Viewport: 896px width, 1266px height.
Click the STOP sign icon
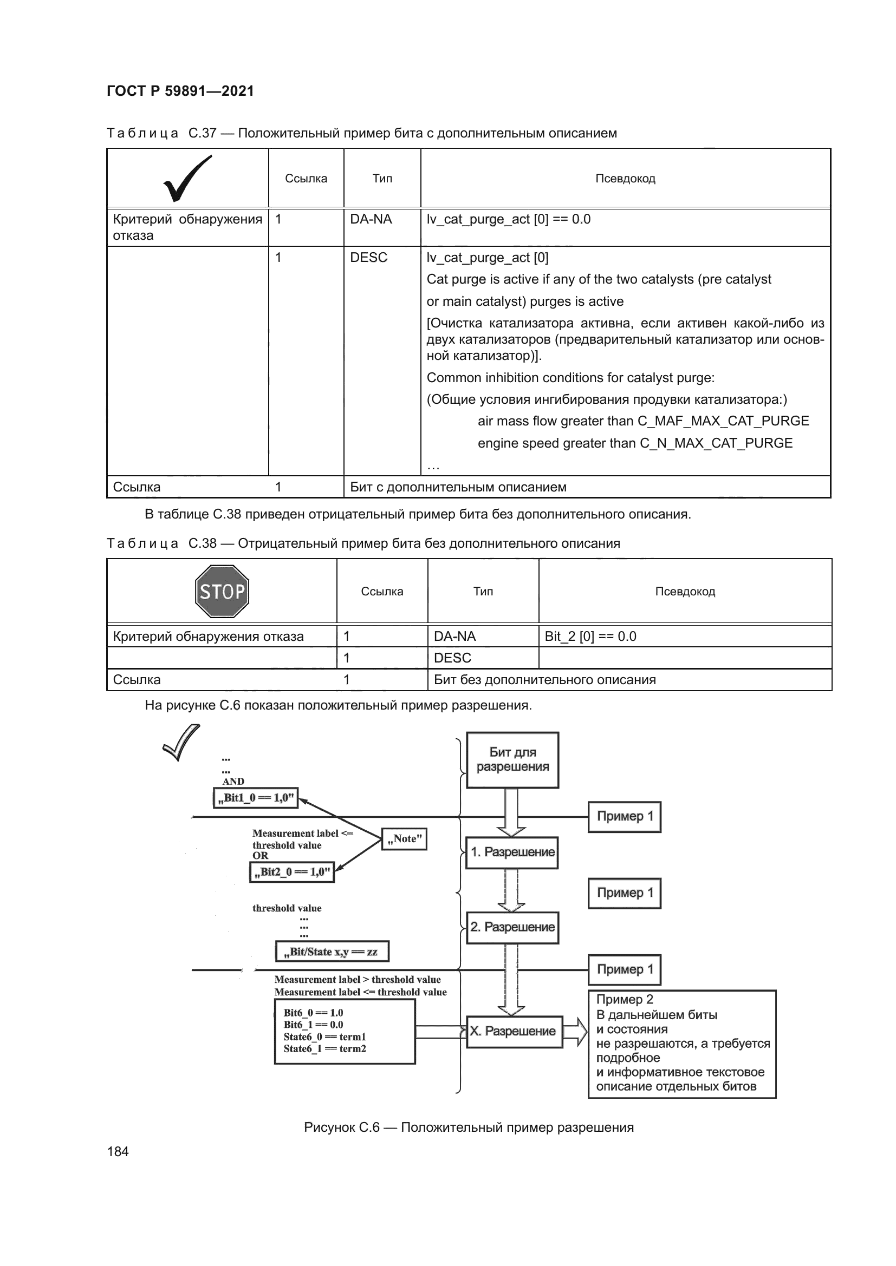(x=222, y=591)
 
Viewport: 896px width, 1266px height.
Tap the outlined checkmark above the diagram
(x=181, y=743)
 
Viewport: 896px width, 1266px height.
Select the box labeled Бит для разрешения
(x=512, y=760)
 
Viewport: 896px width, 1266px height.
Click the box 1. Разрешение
(x=512, y=852)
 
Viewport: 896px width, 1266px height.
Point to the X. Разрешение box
(x=514, y=1031)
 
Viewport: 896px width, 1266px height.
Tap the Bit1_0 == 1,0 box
(x=256, y=797)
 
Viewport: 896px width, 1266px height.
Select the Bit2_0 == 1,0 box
(x=292, y=872)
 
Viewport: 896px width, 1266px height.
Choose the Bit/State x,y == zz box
(x=332, y=951)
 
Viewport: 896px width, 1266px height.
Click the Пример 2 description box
(x=682, y=1044)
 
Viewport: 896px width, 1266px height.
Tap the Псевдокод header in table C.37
(x=625, y=179)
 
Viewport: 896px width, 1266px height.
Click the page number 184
(x=118, y=1151)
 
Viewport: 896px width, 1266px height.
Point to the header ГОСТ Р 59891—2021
(x=180, y=91)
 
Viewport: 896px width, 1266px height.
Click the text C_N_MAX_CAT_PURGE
(x=716, y=443)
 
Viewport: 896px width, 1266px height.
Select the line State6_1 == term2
(x=324, y=1049)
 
